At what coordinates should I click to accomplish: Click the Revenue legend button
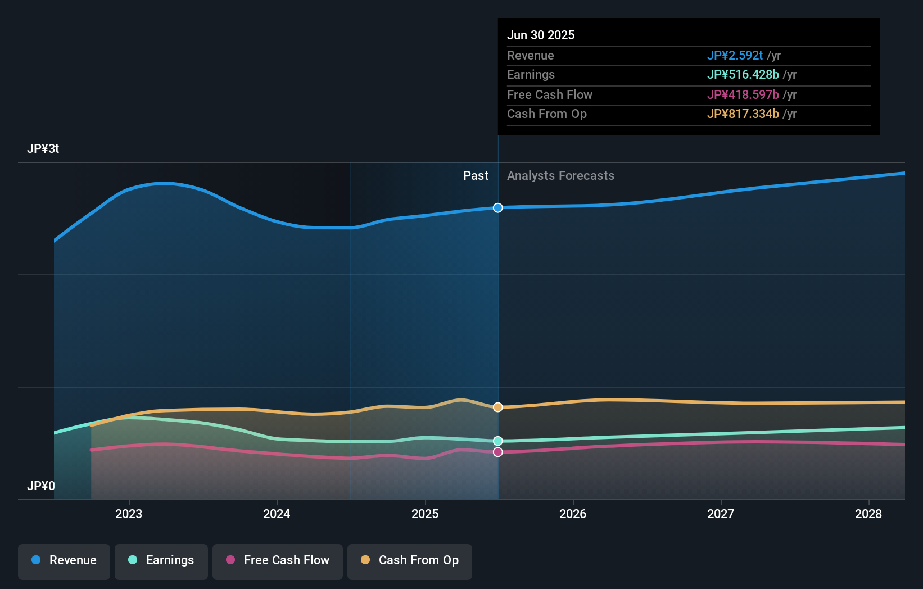click(64, 560)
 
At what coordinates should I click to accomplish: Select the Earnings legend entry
click(161, 560)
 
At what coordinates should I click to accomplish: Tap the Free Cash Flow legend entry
click(278, 560)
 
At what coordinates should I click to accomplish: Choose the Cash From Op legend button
click(410, 560)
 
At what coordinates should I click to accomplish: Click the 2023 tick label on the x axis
click(129, 514)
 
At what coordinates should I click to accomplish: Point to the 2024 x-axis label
click(277, 514)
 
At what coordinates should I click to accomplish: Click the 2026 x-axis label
click(573, 514)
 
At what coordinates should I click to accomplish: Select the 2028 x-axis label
click(868, 514)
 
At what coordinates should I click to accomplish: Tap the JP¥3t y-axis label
click(43, 149)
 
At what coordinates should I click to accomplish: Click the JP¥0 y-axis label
click(41, 486)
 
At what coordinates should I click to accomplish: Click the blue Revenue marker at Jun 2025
click(498, 208)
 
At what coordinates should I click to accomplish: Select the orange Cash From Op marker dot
click(498, 407)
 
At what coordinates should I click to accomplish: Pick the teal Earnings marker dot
click(498, 441)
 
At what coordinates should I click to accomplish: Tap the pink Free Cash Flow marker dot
click(498, 452)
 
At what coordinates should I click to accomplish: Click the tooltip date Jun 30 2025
click(541, 35)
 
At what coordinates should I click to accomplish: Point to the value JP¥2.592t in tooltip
click(735, 56)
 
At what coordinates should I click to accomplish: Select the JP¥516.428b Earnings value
click(743, 75)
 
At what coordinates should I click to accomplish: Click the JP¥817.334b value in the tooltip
click(743, 114)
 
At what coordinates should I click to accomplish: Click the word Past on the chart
click(476, 176)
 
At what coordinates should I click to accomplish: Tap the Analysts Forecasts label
click(560, 176)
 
